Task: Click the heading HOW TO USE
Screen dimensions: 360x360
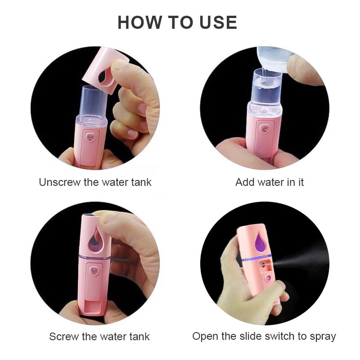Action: click(177, 22)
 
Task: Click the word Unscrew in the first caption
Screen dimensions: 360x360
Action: click(58, 182)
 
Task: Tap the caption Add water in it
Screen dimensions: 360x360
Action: click(270, 182)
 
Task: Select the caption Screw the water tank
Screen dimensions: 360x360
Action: click(99, 336)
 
